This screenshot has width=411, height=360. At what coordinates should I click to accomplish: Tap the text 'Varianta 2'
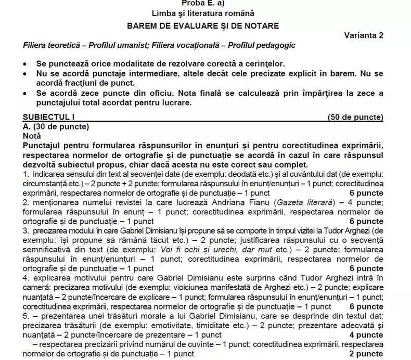click(363, 35)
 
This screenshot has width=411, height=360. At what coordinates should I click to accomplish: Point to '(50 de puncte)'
click(356, 117)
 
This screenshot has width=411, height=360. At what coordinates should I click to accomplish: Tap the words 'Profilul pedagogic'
click(263, 45)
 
